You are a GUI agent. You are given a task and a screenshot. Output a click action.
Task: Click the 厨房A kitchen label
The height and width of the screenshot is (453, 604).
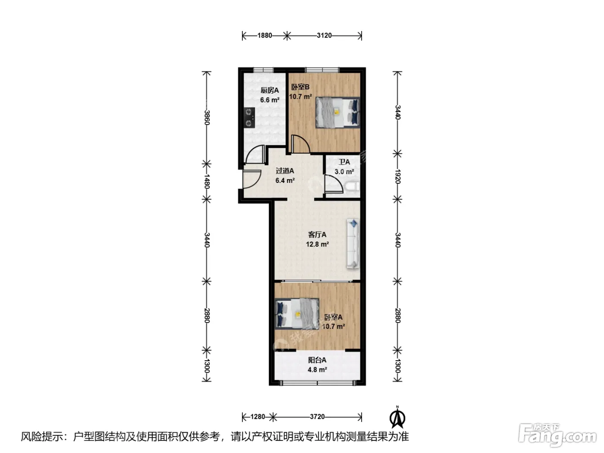click(x=269, y=90)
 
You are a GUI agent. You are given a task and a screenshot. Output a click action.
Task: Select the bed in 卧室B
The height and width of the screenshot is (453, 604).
click(x=337, y=112)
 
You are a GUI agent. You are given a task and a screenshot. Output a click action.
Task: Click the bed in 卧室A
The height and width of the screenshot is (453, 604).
click(x=297, y=314)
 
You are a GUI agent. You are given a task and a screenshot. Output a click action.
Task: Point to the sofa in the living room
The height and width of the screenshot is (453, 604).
click(x=353, y=243)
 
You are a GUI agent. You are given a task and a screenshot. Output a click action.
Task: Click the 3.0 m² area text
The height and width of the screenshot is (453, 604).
click(x=344, y=172)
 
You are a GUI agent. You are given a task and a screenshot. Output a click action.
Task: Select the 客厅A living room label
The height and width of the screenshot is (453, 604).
click(x=317, y=235)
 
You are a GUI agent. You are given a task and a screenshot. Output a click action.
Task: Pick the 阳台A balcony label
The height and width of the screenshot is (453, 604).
click(x=317, y=360)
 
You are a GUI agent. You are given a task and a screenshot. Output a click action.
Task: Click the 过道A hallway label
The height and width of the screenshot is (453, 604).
click(x=285, y=171)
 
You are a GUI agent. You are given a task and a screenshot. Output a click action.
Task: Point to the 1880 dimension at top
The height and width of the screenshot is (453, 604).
click(x=264, y=35)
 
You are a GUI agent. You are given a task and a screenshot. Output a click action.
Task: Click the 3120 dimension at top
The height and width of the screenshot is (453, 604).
click(x=324, y=35)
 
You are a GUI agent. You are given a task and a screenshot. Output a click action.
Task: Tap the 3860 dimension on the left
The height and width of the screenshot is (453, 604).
click(x=207, y=117)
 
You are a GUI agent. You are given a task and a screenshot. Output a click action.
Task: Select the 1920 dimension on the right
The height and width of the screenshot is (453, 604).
click(x=397, y=176)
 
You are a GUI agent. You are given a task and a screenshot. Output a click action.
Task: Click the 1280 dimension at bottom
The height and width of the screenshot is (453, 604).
click(x=258, y=417)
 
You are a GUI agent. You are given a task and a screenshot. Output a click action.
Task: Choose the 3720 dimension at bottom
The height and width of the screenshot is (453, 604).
click(x=317, y=417)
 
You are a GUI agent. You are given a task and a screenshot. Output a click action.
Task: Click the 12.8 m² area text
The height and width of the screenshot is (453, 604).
click(x=317, y=244)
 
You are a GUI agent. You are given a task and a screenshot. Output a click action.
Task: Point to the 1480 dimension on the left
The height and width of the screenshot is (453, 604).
click(x=207, y=181)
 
